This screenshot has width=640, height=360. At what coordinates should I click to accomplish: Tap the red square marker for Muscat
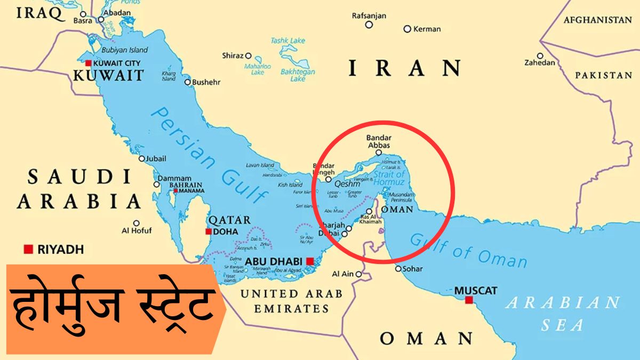click(x=469, y=300)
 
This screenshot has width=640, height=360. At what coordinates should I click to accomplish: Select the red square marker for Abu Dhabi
click(x=310, y=261)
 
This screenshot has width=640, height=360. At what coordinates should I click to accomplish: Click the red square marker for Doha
click(x=209, y=231)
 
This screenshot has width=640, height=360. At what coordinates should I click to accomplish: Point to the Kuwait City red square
click(x=88, y=63)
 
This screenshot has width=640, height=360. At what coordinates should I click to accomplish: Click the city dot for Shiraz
click(x=248, y=55)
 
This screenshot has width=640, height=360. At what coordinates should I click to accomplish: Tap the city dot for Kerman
click(x=407, y=29)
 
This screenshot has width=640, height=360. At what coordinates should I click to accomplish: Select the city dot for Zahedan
click(x=540, y=55)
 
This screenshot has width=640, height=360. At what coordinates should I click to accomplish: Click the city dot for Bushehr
click(x=187, y=82)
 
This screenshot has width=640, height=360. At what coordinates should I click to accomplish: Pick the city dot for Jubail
click(x=141, y=158)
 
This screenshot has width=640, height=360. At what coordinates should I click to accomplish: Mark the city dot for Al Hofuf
click(x=136, y=223)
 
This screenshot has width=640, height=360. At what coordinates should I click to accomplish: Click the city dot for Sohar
click(x=397, y=268)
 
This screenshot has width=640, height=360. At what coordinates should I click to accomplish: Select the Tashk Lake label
click(x=287, y=41)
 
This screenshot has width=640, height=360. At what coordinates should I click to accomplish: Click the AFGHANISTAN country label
click(x=597, y=20)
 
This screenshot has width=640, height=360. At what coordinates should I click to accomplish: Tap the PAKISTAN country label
click(x=603, y=75)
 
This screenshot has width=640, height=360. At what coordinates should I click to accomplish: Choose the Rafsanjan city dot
click(x=369, y=25)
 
